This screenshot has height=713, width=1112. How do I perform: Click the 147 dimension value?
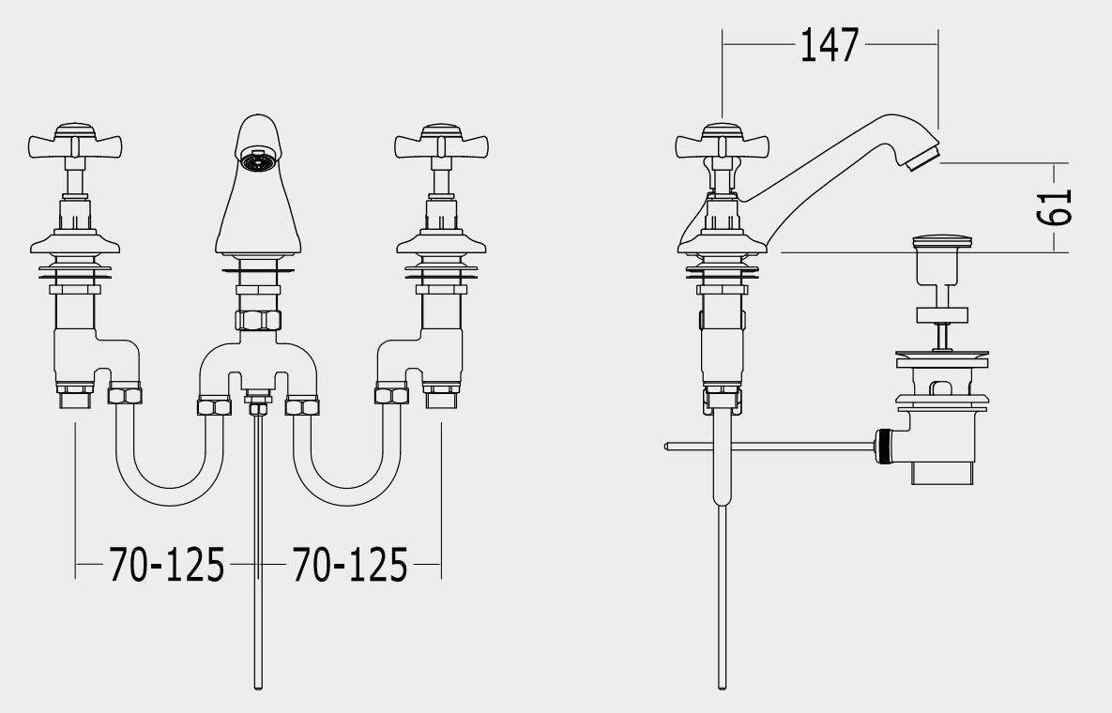[x=829, y=45]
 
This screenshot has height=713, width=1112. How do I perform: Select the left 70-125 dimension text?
[x=167, y=565]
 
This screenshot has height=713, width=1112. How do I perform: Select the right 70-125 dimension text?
[x=350, y=565]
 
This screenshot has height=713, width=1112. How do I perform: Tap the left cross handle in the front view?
[x=75, y=142]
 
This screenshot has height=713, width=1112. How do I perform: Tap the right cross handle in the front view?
[x=442, y=142]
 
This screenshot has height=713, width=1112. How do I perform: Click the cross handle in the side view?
[x=722, y=142]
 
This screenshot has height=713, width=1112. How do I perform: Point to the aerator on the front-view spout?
[x=257, y=160]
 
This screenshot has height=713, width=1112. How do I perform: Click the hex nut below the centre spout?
[x=258, y=320]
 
